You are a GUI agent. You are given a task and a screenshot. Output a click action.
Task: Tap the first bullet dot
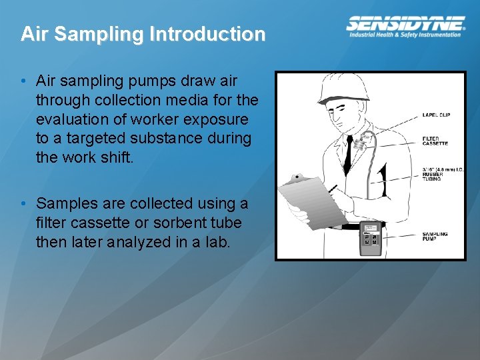[23, 81]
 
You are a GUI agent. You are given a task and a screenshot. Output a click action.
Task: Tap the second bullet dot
[23, 203]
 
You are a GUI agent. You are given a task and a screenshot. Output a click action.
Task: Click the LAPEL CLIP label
[436, 115]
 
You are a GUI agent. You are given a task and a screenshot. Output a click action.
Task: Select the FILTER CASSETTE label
[435, 141]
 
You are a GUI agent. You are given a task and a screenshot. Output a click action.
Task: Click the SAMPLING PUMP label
[435, 236]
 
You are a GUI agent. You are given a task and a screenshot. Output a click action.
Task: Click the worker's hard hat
[345, 87]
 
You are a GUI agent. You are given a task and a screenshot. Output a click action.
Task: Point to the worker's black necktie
[347, 154]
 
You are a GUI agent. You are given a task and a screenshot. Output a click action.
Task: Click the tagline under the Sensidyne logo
[405, 35]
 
